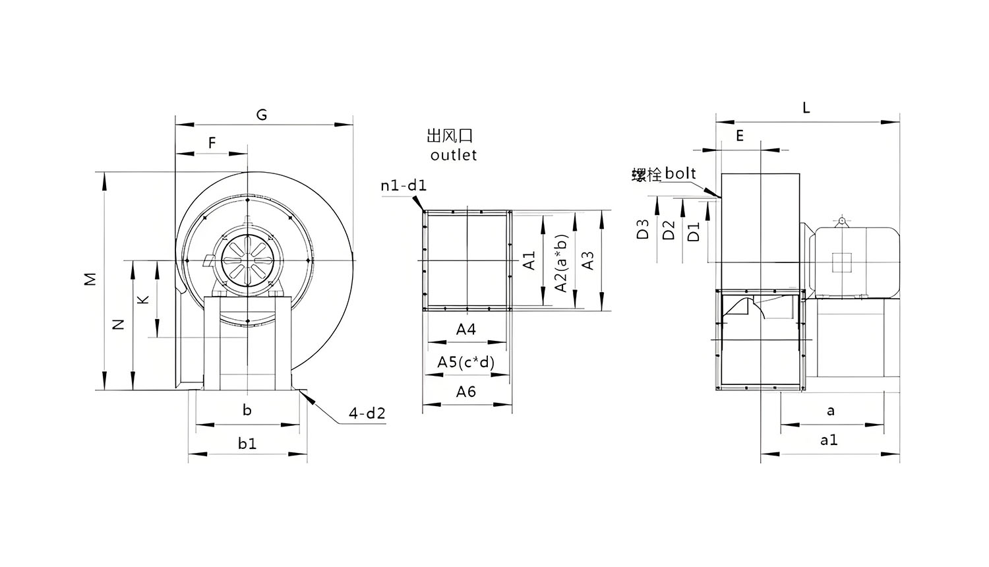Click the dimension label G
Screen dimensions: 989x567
(x=262, y=115)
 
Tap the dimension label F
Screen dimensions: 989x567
(x=212, y=142)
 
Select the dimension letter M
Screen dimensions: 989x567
(x=90, y=279)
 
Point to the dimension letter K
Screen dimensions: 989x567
(x=144, y=299)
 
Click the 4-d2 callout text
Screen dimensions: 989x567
(x=367, y=413)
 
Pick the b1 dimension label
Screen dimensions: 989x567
(x=247, y=443)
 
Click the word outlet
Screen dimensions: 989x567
(x=454, y=155)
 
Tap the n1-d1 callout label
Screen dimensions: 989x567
(x=404, y=185)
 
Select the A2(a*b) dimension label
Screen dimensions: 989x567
(x=560, y=263)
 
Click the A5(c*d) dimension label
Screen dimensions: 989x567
(x=465, y=362)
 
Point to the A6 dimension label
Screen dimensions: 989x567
(x=465, y=392)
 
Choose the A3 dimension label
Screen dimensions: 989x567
(x=588, y=260)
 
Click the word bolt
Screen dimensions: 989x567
(x=680, y=173)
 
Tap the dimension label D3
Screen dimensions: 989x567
(x=643, y=229)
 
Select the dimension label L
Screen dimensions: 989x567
(x=806, y=107)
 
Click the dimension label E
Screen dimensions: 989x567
(x=740, y=136)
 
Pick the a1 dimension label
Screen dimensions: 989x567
(x=829, y=440)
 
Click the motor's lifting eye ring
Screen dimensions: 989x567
(x=842, y=222)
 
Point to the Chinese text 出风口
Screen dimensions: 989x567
(x=450, y=135)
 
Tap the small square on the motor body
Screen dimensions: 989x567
(x=842, y=263)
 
